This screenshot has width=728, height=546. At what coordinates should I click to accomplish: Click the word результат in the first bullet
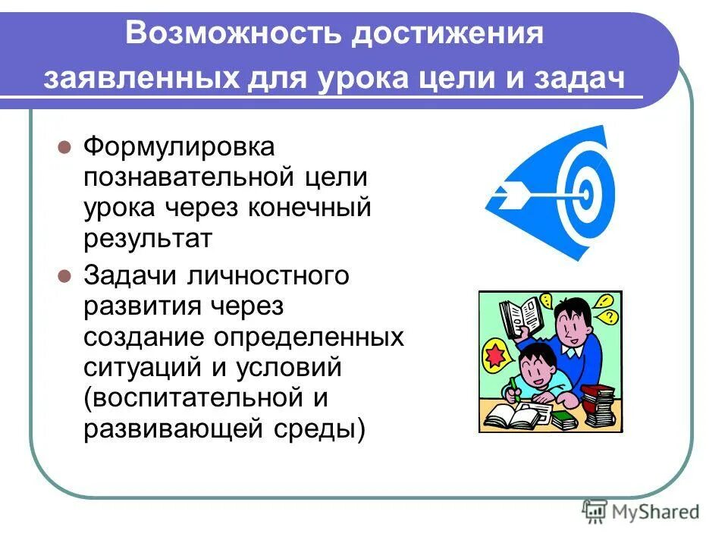(148, 239)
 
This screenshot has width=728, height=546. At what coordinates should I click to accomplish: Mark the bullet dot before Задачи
(64, 275)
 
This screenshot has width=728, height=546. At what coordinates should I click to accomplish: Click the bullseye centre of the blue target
(585, 192)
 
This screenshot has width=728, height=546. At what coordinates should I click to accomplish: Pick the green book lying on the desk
(562, 417)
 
